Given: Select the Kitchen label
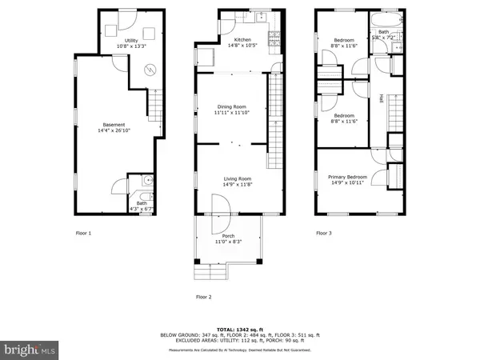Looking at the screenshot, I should pos(242,40).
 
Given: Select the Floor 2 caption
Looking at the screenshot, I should pos(203,297).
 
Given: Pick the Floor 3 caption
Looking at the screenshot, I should pos(322,234).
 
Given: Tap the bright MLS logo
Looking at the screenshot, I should pos(29,349).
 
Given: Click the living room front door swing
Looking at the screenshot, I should pos(222,207).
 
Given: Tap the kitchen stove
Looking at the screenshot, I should pos(272,35).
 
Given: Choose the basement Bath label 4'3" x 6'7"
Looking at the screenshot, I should pos(140,206).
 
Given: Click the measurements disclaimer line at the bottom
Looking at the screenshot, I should pos(239,350).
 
